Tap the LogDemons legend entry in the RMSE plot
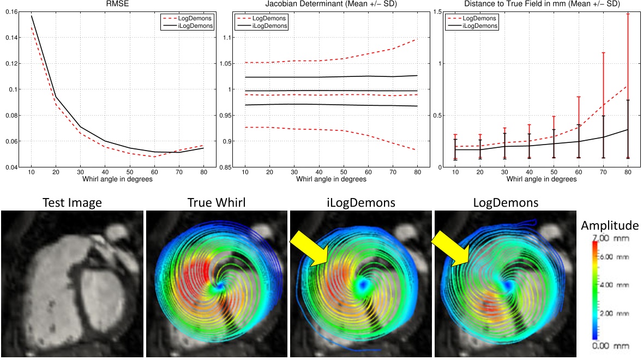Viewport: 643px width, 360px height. coord(195,18)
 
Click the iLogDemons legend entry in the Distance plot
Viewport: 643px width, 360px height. coord(477,26)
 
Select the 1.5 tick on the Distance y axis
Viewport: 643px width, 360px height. coord(437,11)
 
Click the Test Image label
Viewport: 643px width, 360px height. coord(72,203)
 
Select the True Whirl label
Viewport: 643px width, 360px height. coord(216,203)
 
